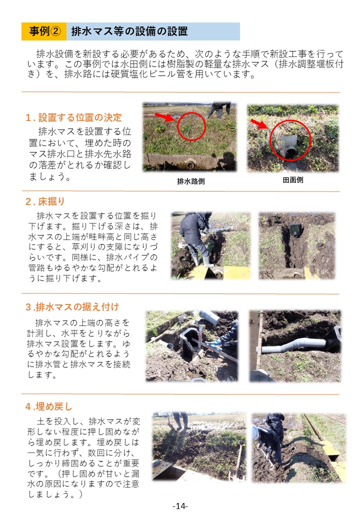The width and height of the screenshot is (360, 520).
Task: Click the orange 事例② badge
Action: tap(44, 31)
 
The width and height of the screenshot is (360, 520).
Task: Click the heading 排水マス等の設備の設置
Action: tap(129, 31)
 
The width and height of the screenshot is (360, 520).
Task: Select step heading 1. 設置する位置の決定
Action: tap(73, 118)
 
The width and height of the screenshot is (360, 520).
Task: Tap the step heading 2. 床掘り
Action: tap(45, 201)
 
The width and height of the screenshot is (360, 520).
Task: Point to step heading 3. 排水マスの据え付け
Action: tap(72, 306)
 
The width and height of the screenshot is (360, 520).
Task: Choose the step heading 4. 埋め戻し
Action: tap(48, 405)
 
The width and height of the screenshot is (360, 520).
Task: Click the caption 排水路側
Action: tap(190, 181)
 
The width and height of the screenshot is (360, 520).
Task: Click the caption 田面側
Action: tap(292, 180)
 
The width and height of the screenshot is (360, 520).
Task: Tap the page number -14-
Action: tap(180, 506)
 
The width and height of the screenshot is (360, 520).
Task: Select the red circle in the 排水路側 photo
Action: tap(190, 126)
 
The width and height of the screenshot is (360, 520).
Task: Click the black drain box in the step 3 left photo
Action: tap(189, 342)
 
